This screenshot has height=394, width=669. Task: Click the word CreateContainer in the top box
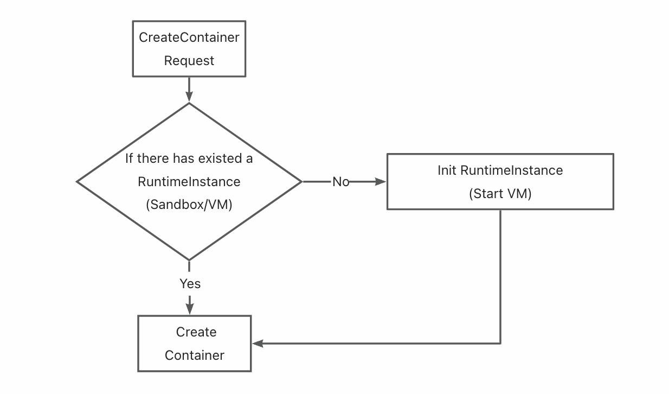pyautogui.click(x=189, y=37)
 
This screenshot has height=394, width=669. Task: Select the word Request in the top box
pyautogui.click(x=189, y=61)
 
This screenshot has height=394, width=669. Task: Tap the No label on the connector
pyautogui.click(x=340, y=182)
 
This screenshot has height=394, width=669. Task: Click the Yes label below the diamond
pyautogui.click(x=190, y=283)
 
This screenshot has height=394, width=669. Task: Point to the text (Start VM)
pyautogui.click(x=500, y=193)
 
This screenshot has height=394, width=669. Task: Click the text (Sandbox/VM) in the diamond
pyautogui.click(x=189, y=205)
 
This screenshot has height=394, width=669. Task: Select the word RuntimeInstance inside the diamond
pyautogui.click(x=189, y=181)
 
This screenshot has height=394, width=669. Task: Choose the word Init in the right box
pyautogui.click(x=447, y=170)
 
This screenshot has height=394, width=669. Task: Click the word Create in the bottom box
pyautogui.click(x=196, y=332)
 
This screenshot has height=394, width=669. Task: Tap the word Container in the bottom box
pyautogui.click(x=194, y=355)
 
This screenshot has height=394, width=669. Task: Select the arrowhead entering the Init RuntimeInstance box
pyautogui.click(x=381, y=182)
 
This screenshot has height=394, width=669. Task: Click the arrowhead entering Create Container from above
pyautogui.click(x=189, y=309)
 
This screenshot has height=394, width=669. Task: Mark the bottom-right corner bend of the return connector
pyautogui.click(x=500, y=343)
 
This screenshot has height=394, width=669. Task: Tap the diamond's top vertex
pyautogui.click(x=189, y=103)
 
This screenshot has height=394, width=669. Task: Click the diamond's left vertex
pyautogui.click(x=78, y=182)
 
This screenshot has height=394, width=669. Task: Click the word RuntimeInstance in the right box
pyautogui.click(x=512, y=170)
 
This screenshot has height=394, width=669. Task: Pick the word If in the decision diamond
pyautogui.click(x=129, y=158)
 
